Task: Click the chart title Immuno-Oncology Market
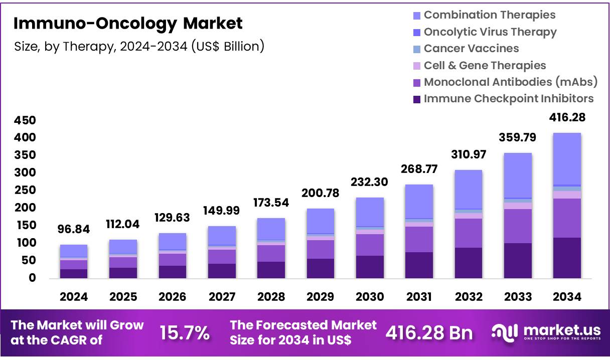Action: point(127,23)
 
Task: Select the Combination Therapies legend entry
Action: point(489,15)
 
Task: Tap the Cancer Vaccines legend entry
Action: point(471,49)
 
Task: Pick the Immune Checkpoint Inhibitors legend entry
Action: point(508,99)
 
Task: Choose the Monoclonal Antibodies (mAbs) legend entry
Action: point(510,82)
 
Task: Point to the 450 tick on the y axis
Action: point(25,120)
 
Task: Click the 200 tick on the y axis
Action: point(25,208)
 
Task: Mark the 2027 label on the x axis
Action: point(222,297)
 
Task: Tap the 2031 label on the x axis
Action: point(419,297)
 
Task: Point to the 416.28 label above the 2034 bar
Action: point(567,118)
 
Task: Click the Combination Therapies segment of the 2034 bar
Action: point(567,158)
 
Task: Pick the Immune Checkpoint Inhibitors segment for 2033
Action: point(518,260)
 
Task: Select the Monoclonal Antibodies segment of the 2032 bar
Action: point(469,233)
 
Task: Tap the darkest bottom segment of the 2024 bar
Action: point(74,273)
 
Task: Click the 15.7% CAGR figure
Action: point(184,332)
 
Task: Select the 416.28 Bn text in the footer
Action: point(429,332)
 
